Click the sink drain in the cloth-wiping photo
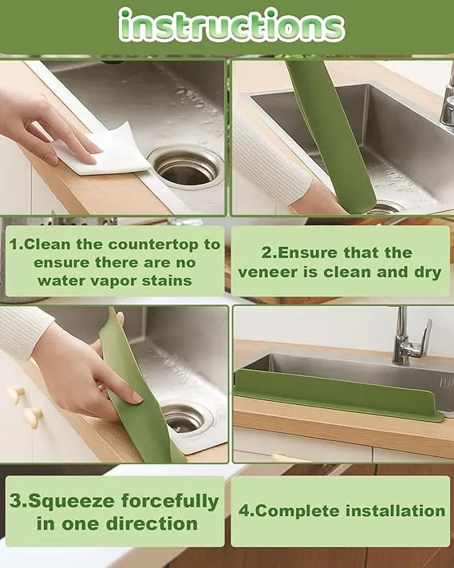[x=187, y=165]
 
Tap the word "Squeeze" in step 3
[x=69, y=502]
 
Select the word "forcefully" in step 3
[x=170, y=502]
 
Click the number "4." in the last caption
[x=246, y=510]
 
